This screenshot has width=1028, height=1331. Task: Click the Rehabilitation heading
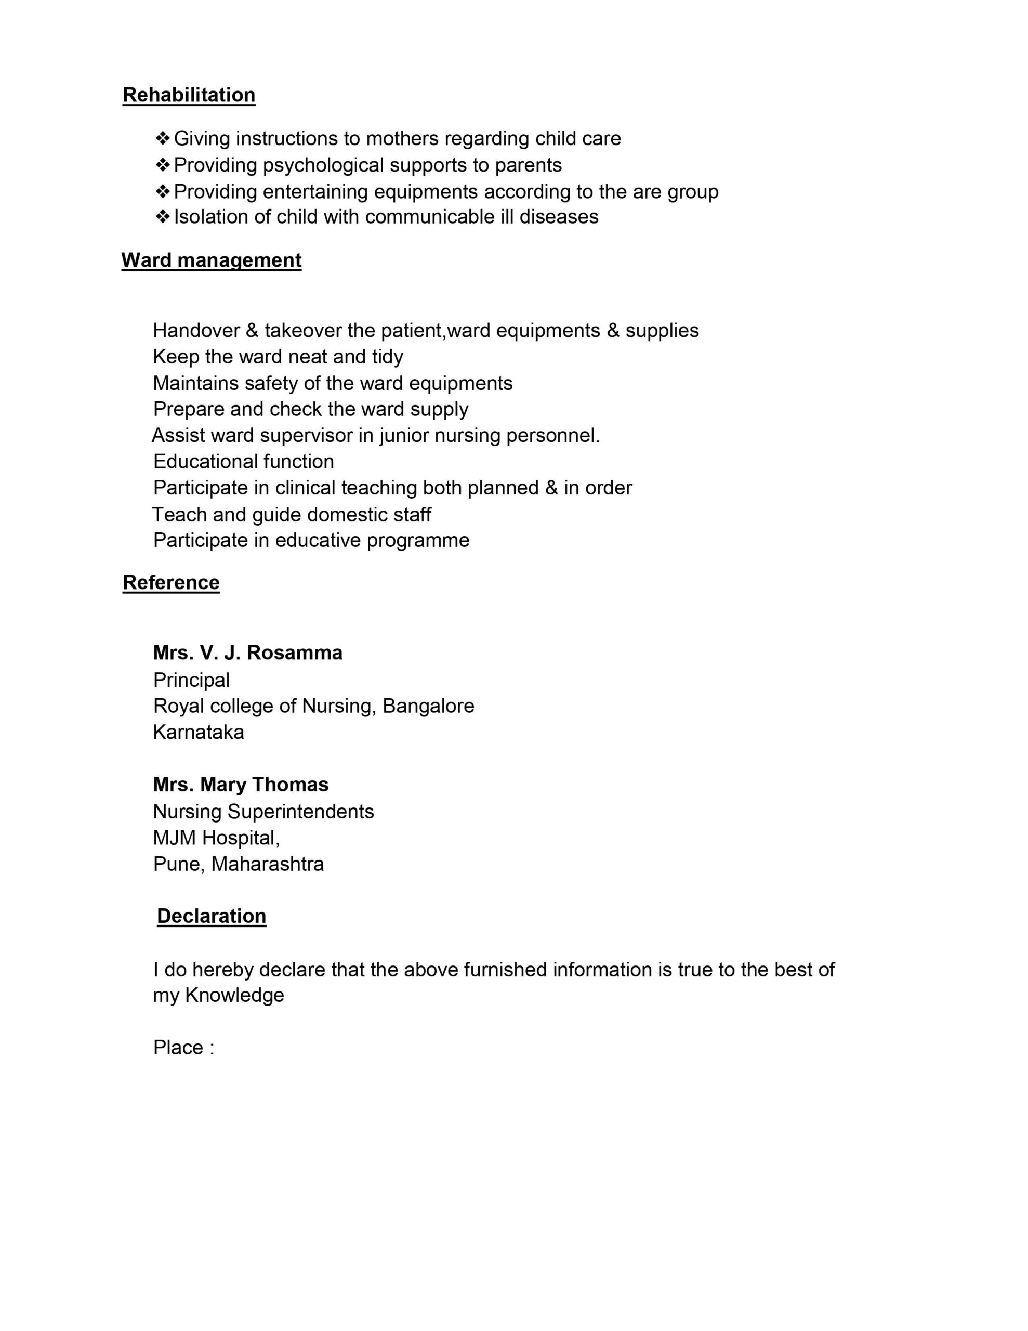click(x=189, y=95)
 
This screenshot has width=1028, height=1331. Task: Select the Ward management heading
click(x=211, y=260)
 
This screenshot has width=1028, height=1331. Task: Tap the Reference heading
click(x=170, y=583)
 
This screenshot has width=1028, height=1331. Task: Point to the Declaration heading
click(x=212, y=916)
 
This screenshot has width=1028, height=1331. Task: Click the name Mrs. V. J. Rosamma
click(x=247, y=653)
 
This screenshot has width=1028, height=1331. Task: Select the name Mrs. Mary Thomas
click(x=241, y=785)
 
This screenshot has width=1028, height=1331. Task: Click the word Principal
click(x=191, y=680)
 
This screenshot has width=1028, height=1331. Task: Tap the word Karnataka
click(x=198, y=732)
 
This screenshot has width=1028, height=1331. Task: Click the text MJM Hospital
click(x=215, y=838)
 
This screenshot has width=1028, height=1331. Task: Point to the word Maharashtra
click(x=268, y=864)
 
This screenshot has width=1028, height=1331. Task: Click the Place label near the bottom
click(x=179, y=1048)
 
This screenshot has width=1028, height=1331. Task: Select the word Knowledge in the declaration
click(x=234, y=995)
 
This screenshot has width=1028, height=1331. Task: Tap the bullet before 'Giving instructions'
click(x=162, y=138)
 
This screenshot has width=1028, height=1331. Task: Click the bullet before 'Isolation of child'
click(x=162, y=216)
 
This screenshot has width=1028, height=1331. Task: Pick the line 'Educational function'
click(x=243, y=461)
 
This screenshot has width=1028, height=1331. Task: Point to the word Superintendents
click(x=300, y=812)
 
